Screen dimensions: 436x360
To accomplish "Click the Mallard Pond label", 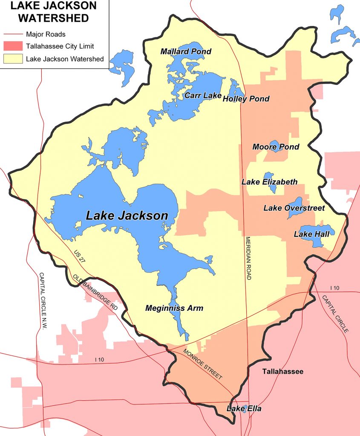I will click(x=186, y=52).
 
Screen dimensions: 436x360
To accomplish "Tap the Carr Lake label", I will click(x=203, y=95).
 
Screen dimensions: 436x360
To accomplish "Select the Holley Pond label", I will click(x=246, y=99).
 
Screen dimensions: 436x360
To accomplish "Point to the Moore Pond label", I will click(x=276, y=147).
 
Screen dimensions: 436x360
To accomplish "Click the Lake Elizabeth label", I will click(x=269, y=182).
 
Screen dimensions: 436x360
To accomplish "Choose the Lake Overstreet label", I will click(x=294, y=208).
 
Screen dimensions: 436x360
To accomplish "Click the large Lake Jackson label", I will click(x=127, y=215).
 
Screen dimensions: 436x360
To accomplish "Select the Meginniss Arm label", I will click(x=174, y=308).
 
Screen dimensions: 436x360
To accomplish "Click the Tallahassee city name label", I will click(x=283, y=371).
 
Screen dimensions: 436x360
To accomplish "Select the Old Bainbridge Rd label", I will click(x=95, y=292).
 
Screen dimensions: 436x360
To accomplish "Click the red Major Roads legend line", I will click(x=13, y=34).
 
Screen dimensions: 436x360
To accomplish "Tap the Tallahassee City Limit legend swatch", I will click(x=13, y=46).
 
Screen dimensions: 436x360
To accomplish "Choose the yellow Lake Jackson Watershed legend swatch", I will click(x=13, y=59).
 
